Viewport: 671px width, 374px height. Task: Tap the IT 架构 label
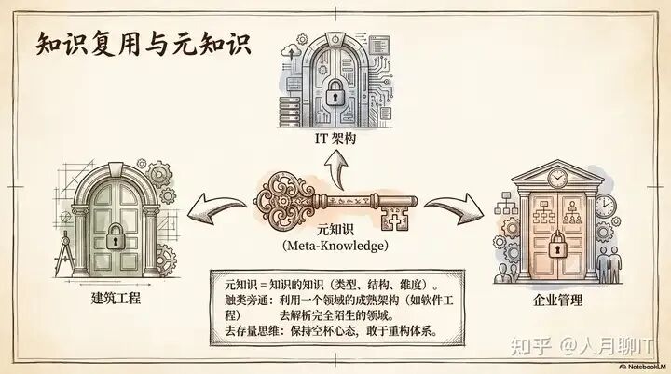pos(335,140)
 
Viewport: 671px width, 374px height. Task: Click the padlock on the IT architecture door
pos(334,90)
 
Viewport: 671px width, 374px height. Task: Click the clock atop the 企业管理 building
pos(557,176)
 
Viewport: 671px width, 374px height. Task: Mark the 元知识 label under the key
pos(336,228)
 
